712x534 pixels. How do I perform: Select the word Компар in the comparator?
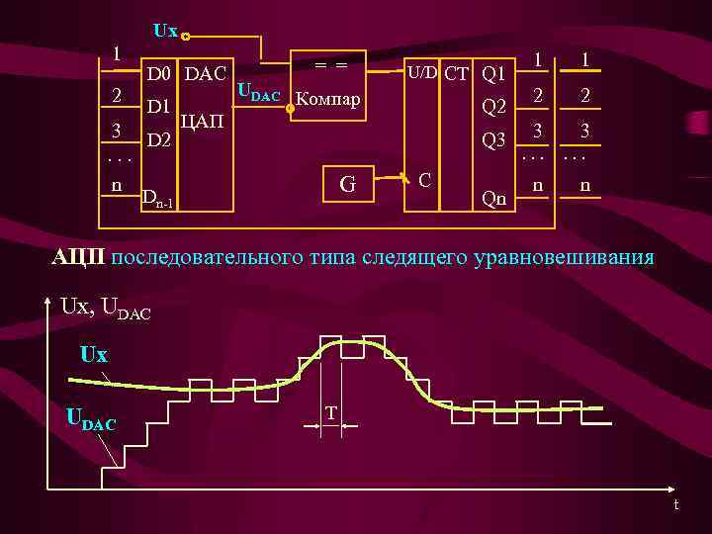click(x=329, y=101)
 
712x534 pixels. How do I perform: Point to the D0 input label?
click(x=159, y=73)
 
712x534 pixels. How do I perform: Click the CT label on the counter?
click(x=457, y=72)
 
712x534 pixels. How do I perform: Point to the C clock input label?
click(x=424, y=179)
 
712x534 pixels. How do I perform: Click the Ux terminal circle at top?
click(x=186, y=33)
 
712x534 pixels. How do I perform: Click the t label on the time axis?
click(x=676, y=504)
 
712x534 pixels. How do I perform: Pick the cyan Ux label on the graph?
click(x=95, y=353)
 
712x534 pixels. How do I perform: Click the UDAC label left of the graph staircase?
click(x=91, y=423)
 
